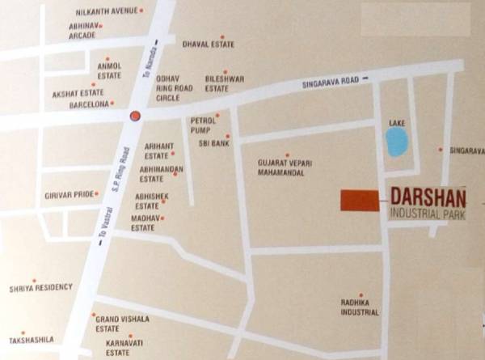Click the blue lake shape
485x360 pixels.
pos(397,142)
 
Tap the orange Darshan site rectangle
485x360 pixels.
pos(360,201)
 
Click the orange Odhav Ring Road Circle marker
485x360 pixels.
pos(135,116)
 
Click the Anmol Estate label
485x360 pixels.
pos(109,70)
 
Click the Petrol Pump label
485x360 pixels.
pos(203,125)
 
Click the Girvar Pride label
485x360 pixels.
pos(66,195)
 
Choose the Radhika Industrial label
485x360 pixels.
pos(360,307)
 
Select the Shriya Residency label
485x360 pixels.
pos(40,287)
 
